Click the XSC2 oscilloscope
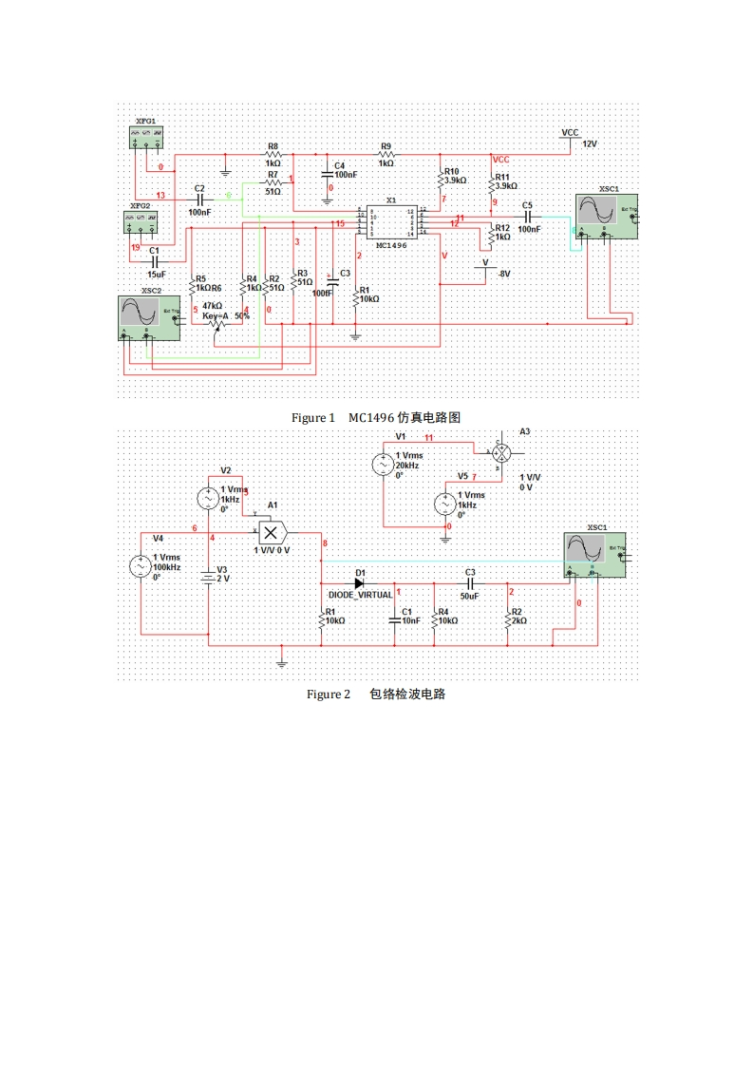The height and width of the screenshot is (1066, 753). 146,316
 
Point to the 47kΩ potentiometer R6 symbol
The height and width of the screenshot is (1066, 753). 217,326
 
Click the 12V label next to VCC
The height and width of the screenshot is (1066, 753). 590,143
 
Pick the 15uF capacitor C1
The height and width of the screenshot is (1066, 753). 154,261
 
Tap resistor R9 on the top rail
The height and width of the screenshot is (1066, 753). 386,154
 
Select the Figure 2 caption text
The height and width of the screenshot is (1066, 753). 375,695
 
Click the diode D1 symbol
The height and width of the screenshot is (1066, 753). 359,582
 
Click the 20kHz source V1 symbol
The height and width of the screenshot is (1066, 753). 383,464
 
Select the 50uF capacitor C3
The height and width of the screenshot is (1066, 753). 469,582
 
